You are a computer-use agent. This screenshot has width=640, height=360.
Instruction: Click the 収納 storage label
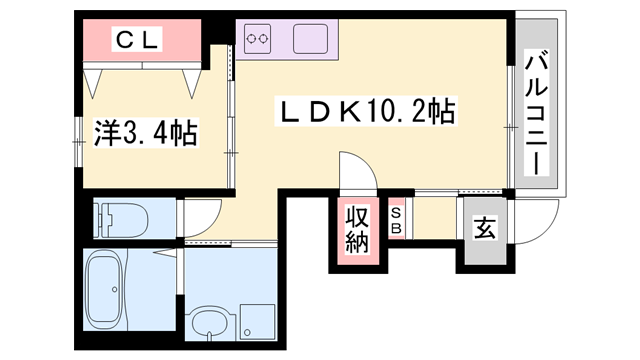point(358,227)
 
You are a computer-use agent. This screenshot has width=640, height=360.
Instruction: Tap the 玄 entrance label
point(484,228)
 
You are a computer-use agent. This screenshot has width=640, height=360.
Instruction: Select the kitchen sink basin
point(314,40)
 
